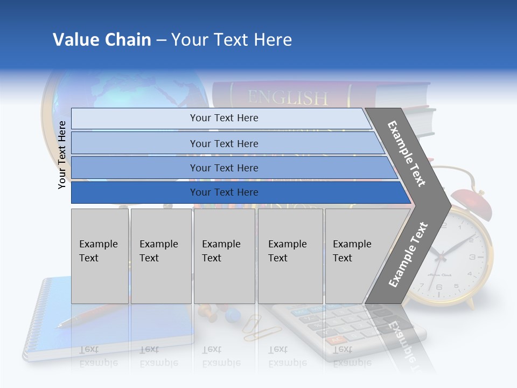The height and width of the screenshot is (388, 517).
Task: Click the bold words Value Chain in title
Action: [x=102, y=40]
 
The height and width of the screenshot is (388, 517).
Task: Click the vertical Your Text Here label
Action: [x=62, y=155]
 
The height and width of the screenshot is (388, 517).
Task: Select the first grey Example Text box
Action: [x=100, y=256]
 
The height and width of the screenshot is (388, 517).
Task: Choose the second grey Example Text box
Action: [x=160, y=256]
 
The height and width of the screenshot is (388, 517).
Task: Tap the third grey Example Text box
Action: [x=224, y=256]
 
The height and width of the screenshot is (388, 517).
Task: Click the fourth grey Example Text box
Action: [x=290, y=256]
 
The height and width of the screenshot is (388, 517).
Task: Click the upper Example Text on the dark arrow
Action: [x=407, y=154]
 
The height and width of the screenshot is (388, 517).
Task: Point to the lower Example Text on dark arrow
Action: [x=408, y=254]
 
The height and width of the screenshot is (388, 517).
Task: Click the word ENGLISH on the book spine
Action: [x=287, y=98]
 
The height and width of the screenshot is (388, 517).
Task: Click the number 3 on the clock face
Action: [x=472, y=258]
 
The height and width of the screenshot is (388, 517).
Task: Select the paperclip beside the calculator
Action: [x=251, y=328]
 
